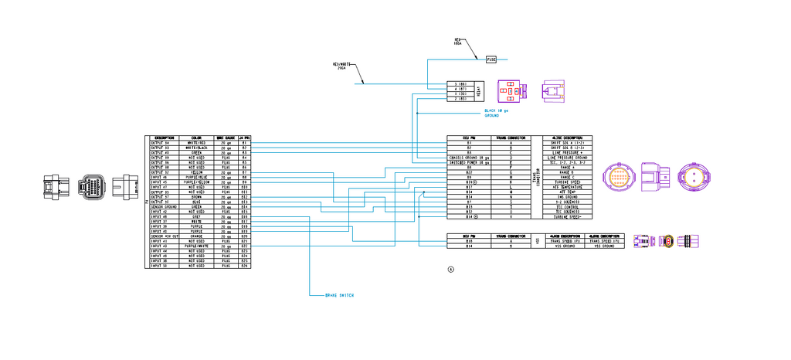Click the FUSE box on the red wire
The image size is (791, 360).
[x=491, y=59]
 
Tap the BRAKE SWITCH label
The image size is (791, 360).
[x=341, y=295]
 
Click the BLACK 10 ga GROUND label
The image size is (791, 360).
[x=497, y=113]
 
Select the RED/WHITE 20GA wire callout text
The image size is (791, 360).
[x=343, y=66]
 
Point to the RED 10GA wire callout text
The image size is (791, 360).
[x=457, y=42]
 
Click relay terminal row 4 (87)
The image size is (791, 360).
[x=460, y=89]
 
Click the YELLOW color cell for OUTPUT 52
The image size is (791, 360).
[x=196, y=172]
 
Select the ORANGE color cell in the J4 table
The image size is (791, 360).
[x=196, y=236]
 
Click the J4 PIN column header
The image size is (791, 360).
[x=244, y=138]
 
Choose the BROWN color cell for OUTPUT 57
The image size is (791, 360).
[x=196, y=198]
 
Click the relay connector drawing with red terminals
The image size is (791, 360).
[x=510, y=90]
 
